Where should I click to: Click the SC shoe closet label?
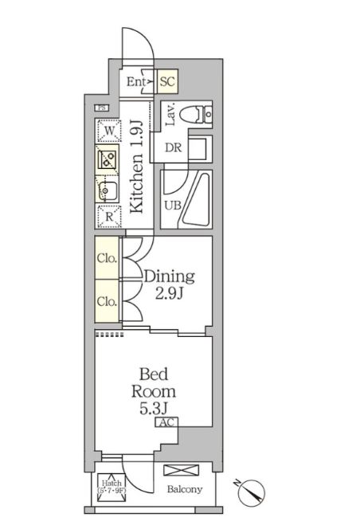click(x=167, y=81)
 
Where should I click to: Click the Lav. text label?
click(x=170, y=118)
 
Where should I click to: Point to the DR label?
click(x=173, y=147)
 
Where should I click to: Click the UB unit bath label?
click(x=171, y=205)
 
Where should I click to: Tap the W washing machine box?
click(x=108, y=130)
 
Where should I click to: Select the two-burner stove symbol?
click(x=108, y=159)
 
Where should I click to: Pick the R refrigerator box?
click(x=108, y=215)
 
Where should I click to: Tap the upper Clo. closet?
click(x=107, y=258)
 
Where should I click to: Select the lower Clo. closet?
click(x=107, y=301)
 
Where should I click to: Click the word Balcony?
click(x=184, y=489)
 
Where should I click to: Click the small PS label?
click(x=101, y=108)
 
